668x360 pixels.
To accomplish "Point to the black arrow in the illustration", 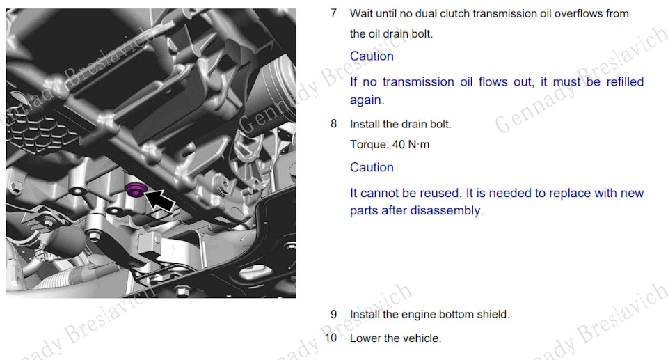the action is click(x=160, y=200).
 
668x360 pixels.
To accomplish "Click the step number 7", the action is click(x=333, y=13).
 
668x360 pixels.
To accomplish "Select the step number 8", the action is click(x=333, y=124).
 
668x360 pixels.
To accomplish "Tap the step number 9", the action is click(x=333, y=314).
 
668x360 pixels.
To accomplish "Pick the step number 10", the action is click(x=331, y=338).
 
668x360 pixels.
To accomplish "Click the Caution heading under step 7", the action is click(x=372, y=56).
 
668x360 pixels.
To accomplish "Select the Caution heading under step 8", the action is click(x=372, y=167).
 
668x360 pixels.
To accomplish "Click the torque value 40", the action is click(x=398, y=145).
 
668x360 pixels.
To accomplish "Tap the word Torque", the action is click(x=369, y=145).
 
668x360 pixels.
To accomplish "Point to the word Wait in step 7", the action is click(x=360, y=14).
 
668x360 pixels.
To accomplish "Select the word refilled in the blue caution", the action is click(x=625, y=81).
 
